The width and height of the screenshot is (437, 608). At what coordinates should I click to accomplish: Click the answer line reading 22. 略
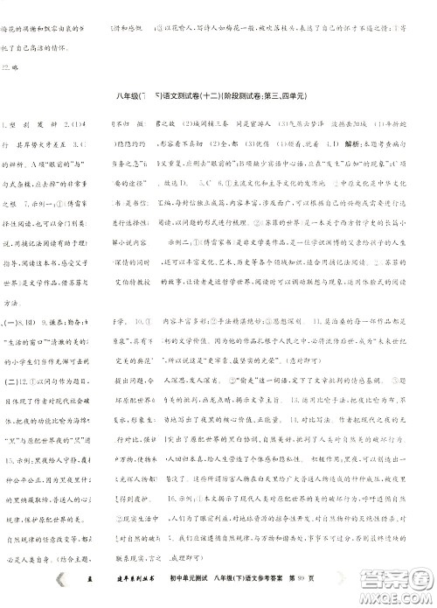(x=10, y=66)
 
